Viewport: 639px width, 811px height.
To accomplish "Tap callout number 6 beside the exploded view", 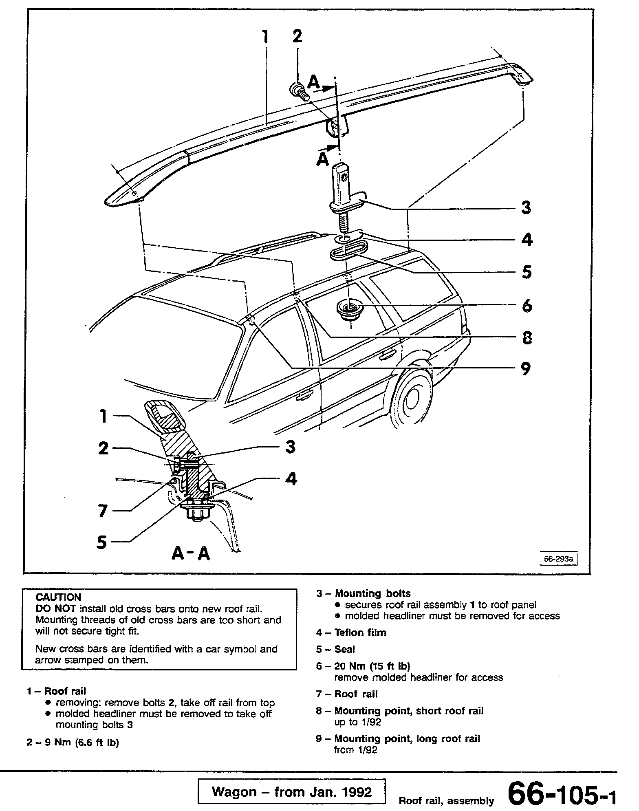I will click(527, 305).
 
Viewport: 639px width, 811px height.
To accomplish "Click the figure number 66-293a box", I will click(559, 559).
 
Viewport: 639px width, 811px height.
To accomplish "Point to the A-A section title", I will click(190, 553).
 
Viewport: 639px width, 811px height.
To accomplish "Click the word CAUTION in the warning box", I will click(58, 597).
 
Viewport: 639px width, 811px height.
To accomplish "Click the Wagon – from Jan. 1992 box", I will click(291, 792).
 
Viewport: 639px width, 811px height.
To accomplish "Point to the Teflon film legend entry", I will click(360, 632).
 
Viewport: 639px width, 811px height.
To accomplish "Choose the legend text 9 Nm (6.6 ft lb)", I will click(81, 743).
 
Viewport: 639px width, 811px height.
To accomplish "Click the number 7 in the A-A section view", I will click(103, 511).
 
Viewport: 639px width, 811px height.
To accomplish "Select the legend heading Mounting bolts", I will click(372, 593).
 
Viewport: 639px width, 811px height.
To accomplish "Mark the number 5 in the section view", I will click(101, 542).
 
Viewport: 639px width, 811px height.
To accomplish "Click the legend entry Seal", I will click(344, 649).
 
